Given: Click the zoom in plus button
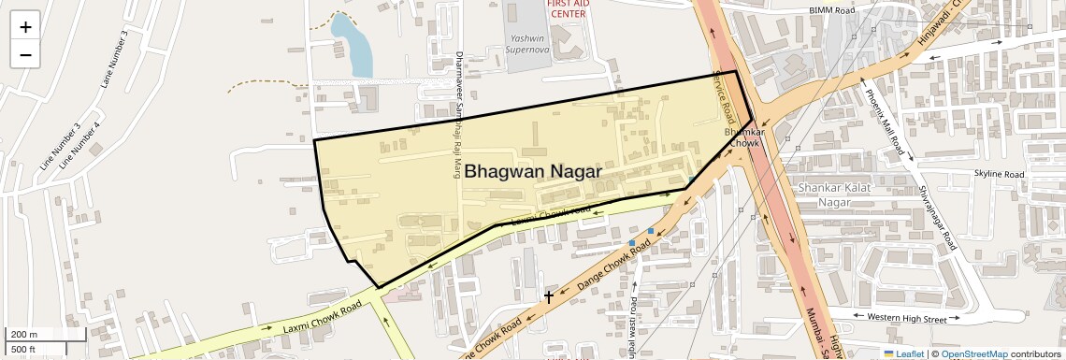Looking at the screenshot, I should pos(25,27).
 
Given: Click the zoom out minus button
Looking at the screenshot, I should pos(25,54).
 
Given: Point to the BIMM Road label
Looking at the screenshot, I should pos(831,10).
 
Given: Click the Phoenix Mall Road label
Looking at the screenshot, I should pos(883,122).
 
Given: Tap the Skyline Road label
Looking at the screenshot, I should pos(999,174).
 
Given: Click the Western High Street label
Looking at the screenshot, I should pos(906,319).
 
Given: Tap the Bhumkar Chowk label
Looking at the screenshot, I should pos(745,137).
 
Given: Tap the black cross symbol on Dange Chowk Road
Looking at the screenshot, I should pos(549,296).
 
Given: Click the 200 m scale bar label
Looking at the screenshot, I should pos(24,335).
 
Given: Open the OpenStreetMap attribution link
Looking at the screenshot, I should pos(973,354).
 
